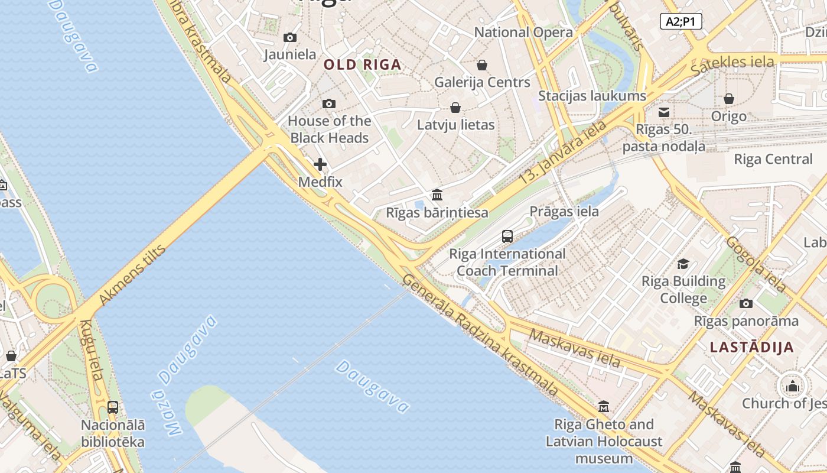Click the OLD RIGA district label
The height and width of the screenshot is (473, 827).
[x=363, y=65]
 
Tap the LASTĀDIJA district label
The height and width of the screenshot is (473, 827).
[x=752, y=347]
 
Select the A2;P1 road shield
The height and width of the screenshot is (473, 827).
[x=681, y=22]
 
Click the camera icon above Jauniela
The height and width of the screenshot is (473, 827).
[x=289, y=38]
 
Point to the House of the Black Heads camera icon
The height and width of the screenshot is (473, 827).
[x=329, y=104]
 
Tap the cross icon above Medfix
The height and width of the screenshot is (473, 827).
[x=320, y=164]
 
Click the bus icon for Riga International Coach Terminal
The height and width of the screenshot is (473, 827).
[x=507, y=237]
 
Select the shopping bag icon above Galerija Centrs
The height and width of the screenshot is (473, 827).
[x=482, y=65]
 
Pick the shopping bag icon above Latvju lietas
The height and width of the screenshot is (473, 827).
[x=455, y=108]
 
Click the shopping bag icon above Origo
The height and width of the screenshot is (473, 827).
[x=729, y=99]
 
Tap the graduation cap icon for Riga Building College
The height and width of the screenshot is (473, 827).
[x=683, y=264]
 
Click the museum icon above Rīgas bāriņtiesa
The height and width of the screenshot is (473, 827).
[x=437, y=195]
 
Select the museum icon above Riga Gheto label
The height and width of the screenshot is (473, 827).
[x=604, y=407]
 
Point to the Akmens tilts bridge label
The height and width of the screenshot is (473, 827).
[x=132, y=275]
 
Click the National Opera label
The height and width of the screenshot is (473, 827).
[x=523, y=33]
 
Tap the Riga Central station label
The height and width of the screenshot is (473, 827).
[x=773, y=159]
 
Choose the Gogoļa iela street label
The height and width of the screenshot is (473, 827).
[x=756, y=264]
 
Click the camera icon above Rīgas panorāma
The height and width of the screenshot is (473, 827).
[x=746, y=304]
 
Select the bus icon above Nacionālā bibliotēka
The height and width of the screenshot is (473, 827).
[x=113, y=407]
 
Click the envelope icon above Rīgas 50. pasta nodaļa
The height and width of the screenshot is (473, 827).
[x=664, y=112]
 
